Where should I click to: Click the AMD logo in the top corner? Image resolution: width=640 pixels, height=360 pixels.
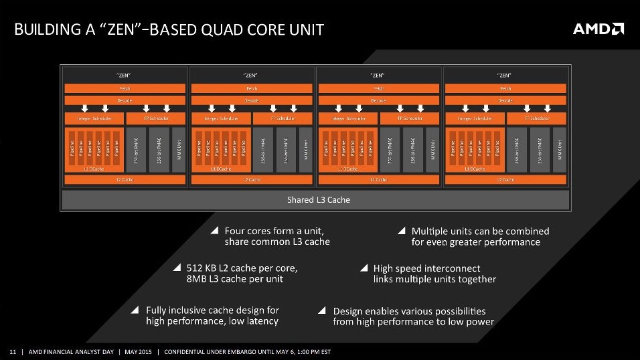(x=598, y=29)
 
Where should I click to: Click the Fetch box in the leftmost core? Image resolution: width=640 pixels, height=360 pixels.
(x=125, y=88)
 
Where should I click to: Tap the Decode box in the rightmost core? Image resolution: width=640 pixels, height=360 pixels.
(x=505, y=100)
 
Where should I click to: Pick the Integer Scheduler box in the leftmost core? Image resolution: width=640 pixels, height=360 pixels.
(x=94, y=118)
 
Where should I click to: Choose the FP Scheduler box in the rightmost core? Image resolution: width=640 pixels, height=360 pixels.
(x=536, y=118)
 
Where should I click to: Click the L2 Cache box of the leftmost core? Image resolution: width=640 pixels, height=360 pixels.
(x=125, y=180)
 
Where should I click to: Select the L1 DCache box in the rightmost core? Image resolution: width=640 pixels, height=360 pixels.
(x=475, y=169)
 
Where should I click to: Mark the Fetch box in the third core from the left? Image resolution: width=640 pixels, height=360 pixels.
(x=378, y=88)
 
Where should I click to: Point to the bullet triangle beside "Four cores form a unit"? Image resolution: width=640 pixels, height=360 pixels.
(x=215, y=230)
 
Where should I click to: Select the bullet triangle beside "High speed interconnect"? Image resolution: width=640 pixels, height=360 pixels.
(x=364, y=268)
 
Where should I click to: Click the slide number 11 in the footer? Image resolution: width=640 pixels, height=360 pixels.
(x=12, y=352)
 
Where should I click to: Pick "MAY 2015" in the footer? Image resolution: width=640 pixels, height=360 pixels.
(x=138, y=352)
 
